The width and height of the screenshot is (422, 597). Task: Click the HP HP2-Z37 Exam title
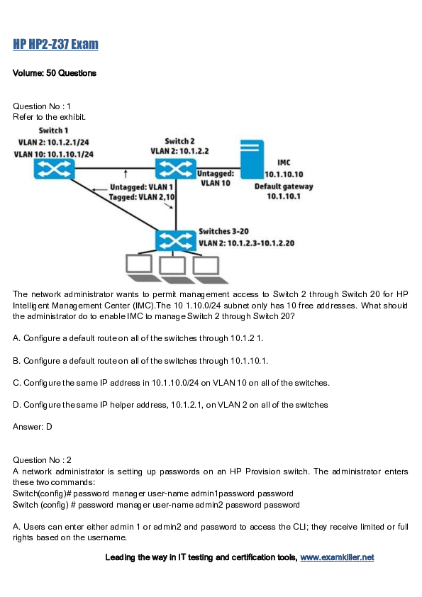[x=55, y=44]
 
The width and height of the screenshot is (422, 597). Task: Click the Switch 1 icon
[x=54, y=169]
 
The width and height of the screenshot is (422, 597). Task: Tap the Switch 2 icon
[x=176, y=169]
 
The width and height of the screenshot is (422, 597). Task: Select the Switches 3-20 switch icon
[x=176, y=240]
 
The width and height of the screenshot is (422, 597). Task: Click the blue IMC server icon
[x=252, y=159]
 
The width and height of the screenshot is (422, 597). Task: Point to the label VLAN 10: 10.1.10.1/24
[x=54, y=154]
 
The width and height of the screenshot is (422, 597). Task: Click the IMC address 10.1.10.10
[x=284, y=174]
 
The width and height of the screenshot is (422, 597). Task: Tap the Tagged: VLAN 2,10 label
[x=142, y=197]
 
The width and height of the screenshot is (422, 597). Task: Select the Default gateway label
[x=284, y=186]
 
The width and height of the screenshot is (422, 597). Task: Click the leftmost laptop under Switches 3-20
[x=140, y=268]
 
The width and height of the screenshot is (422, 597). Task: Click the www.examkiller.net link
[x=337, y=557]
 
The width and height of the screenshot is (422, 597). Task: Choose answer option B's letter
[x=16, y=361]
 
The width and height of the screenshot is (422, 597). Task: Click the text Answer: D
[x=33, y=427]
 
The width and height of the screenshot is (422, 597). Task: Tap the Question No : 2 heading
[x=43, y=460]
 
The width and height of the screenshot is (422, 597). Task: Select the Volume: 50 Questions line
[x=55, y=73]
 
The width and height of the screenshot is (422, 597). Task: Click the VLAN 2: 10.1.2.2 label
[x=179, y=151]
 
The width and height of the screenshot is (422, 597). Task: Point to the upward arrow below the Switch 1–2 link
[x=126, y=174]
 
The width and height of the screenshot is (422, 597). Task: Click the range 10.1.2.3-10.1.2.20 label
[x=261, y=243]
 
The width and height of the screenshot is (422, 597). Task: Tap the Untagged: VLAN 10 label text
[x=216, y=178]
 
